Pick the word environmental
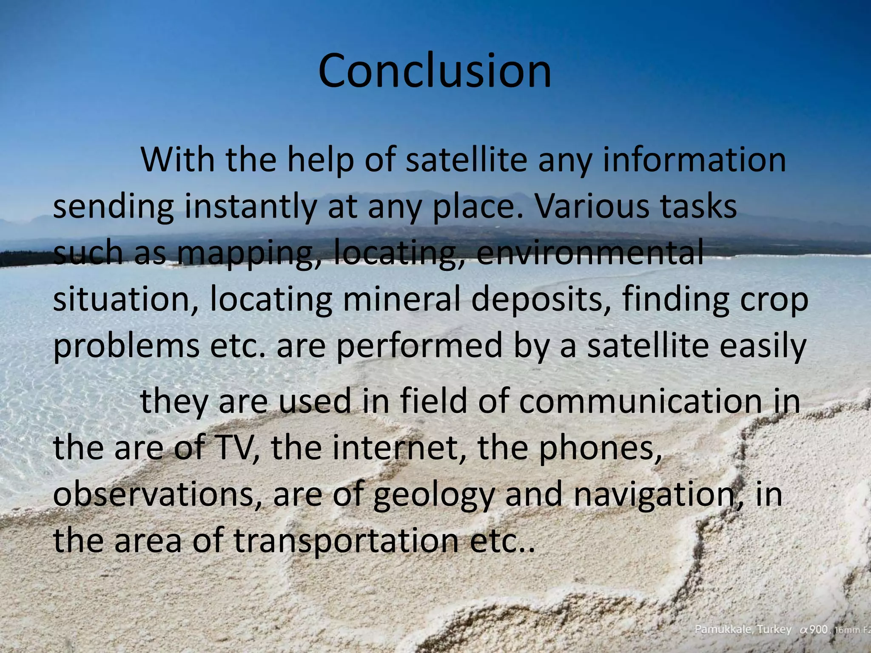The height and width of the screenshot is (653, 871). point(589,253)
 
